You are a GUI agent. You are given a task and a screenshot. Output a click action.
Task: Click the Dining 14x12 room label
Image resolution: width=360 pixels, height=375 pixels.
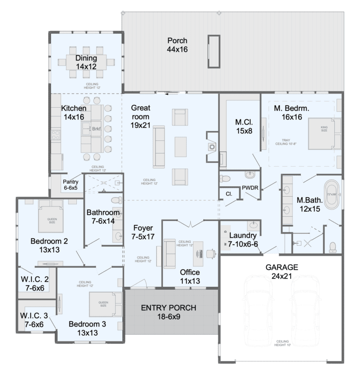pyautogui.click(x=86, y=62)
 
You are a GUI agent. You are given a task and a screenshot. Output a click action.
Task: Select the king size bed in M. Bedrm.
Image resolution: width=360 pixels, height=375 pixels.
pyautogui.click(x=322, y=133)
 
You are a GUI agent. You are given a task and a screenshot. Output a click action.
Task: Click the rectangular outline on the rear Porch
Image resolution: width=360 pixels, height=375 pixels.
pyautogui.click(x=214, y=51)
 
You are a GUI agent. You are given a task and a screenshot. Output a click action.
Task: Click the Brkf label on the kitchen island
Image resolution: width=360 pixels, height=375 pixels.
pyautogui.click(x=97, y=129)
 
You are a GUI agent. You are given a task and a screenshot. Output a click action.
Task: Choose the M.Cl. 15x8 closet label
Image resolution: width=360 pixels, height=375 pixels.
pyautogui.click(x=244, y=127)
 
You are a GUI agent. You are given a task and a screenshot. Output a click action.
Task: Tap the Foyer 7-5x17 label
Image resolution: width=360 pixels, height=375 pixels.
pyautogui.click(x=143, y=234)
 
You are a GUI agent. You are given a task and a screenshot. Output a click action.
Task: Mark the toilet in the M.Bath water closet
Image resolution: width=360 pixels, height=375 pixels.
pyautogui.click(x=333, y=246)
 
